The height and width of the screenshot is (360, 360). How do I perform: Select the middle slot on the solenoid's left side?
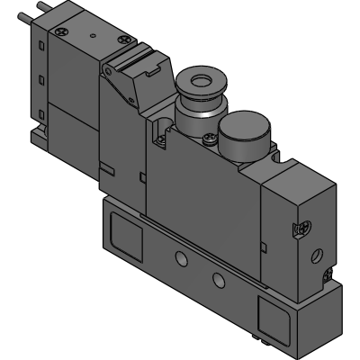[x=43, y=78]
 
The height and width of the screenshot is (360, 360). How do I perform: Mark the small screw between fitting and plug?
[x=211, y=138]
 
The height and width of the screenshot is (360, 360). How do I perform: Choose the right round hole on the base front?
[x=217, y=275]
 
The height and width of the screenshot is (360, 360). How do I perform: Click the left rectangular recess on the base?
[x=126, y=235]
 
